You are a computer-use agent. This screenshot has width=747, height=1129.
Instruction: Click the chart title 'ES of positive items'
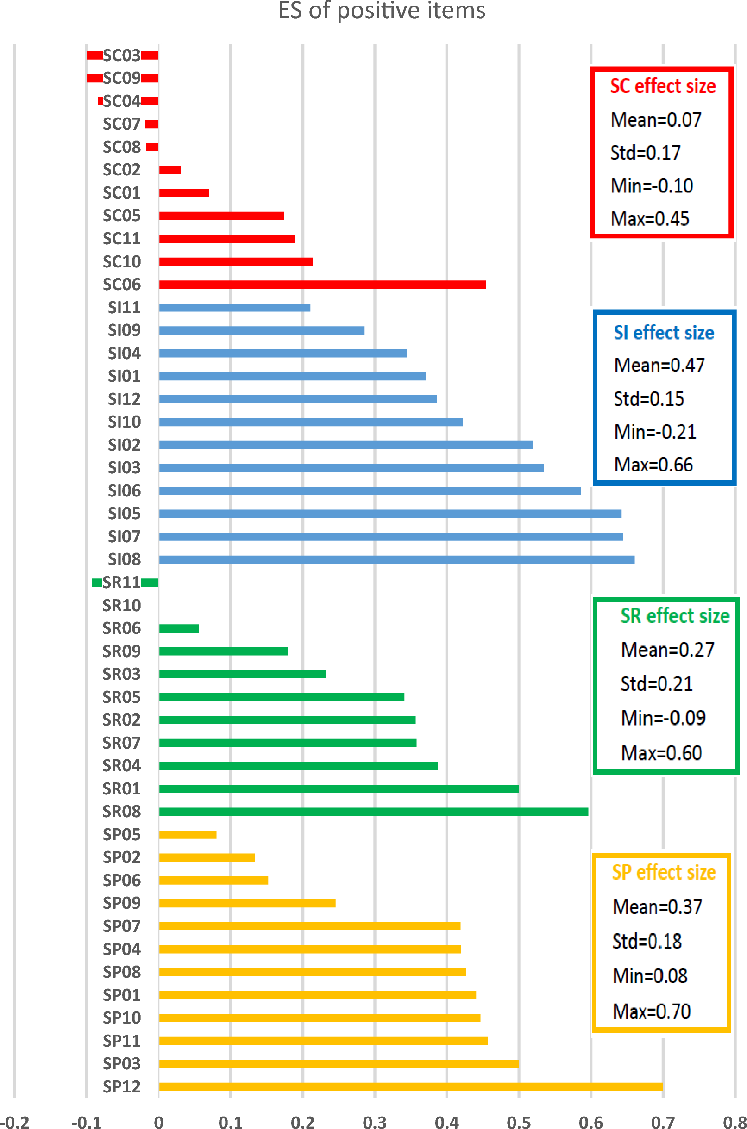click(x=381, y=11)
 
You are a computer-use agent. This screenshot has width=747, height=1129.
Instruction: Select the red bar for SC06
click(x=322, y=285)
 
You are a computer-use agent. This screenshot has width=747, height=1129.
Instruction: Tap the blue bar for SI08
click(x=396, y=560)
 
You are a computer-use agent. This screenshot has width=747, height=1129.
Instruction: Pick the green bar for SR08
click(x=373, y=812)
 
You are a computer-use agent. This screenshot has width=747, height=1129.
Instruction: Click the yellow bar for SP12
click(x=410, y=1086)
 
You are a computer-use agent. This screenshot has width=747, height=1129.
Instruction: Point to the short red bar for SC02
click(x=170, y=170)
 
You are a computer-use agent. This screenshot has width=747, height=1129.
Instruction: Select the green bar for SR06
click(x=179, y=628)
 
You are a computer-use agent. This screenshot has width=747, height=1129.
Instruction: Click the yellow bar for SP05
click(x=188, y=834)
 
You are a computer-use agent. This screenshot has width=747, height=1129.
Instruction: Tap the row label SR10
click(x=122, y=605)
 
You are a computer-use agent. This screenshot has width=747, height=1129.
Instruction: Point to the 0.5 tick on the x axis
click(x=518, y=1123)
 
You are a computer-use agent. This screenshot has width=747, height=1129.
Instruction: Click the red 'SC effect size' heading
click(x=663, y=86)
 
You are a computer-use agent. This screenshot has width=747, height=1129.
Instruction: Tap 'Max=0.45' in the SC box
click(x=650, y=218)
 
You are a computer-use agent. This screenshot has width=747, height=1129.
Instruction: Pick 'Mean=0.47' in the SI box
click(x=659, y=365)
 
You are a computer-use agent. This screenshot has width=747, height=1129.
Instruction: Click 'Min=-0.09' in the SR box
click(x=663, y=718)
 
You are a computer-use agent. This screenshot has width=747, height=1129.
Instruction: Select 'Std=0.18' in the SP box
click(x=647, y=941)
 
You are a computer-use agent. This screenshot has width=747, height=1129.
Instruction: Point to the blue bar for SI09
click(x=262, y=330)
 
